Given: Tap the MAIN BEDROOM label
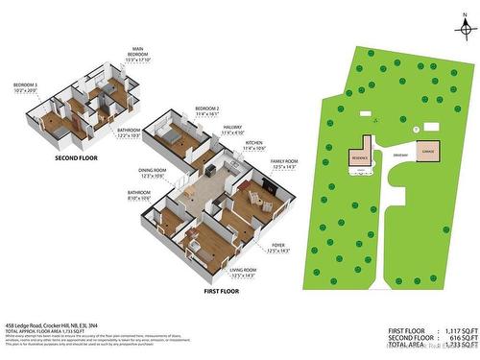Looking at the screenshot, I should pos(138,52).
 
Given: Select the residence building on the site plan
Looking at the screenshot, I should pos(361,156).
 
